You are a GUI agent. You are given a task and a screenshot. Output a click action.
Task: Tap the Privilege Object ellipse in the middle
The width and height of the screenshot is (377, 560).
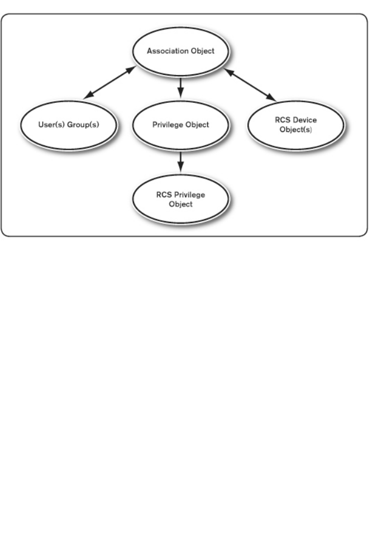pos(180,125)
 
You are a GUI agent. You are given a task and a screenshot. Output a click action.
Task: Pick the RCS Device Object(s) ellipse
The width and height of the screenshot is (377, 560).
pos(295,125)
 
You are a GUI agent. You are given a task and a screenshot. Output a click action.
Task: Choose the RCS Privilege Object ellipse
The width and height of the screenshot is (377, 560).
pos(180,200)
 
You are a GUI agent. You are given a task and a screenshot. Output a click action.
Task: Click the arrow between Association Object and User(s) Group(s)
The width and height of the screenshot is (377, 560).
pos(109,83)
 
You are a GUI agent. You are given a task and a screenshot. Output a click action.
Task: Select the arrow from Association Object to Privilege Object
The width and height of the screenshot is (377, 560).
pos(180,88)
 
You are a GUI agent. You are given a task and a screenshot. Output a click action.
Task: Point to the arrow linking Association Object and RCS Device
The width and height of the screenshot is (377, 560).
pos(250,85)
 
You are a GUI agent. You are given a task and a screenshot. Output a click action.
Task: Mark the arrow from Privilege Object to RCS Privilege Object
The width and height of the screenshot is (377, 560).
pos(180,162)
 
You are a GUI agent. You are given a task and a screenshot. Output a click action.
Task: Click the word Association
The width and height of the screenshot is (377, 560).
pos(166,51)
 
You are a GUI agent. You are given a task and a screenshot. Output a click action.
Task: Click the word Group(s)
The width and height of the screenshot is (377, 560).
pos(84,125)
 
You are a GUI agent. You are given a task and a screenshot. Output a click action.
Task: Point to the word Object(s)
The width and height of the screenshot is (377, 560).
pos(296,129)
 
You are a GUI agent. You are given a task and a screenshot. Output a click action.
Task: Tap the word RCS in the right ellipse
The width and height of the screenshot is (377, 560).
pos(283,120)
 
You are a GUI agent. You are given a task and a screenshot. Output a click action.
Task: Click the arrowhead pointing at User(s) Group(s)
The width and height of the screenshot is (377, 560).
pos(87,96)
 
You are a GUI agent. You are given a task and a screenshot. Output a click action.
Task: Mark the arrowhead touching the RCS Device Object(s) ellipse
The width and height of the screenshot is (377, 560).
pos(271,98)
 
